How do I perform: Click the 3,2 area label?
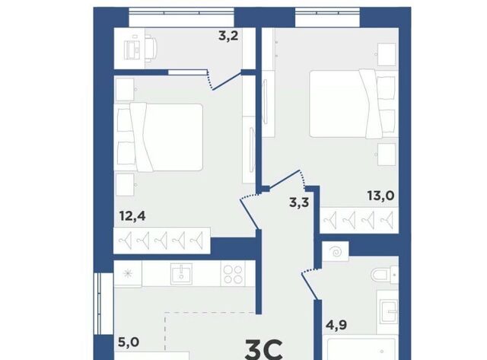(x=228, y=36)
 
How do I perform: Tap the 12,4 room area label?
(x=132, y=215)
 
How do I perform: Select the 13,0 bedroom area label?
(x=380, y=196)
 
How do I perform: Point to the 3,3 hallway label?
(x=299, y=202)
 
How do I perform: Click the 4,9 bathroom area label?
(x=336, y=325)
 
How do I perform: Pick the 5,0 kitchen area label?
(x=129, y=342)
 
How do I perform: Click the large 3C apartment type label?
(x=264, y=350)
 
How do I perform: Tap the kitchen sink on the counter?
(x=181, y=274)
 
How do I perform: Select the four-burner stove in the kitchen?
(x=233, y=274)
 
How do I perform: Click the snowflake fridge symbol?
(x=127, y=274)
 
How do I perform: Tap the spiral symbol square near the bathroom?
(x=336, y=252)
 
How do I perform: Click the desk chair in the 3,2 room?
(x=151, y=48)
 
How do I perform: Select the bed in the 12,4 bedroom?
(x=159, y=137)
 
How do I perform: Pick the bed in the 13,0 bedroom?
(x=354, y=104)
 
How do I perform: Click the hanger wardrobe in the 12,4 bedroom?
(x=162, y=241)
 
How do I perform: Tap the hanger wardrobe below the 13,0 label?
(x=359, y=220)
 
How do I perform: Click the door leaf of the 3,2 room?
(x=227, y=81)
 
